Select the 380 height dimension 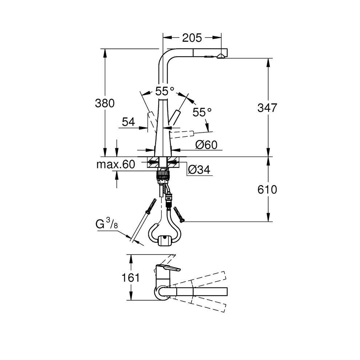(105, 103)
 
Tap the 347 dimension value (267, 108)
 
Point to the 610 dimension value (267, 189)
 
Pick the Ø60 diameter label (206, 145)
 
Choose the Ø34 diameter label (199, 169)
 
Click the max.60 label (115, 164)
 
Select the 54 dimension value (128, 122)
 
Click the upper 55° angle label (165, 91)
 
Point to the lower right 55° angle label (202, 112)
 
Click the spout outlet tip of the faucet (221, 56)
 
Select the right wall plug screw (179, 214)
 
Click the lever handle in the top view (168, 269)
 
